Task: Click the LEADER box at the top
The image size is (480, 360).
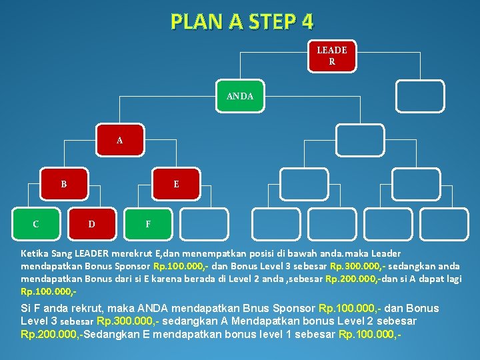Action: (x=331, y=56)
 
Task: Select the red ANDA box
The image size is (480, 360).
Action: (x=240, y=97)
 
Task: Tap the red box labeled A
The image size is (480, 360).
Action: (x=119, y=140)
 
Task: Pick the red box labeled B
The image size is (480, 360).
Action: (x=64, y=183)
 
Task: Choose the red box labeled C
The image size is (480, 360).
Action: (x=35, y=223)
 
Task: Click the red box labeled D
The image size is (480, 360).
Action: (x=91, y=223)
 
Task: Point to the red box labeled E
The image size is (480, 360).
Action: (x=176, y=183)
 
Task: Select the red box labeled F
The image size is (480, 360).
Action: (x=148, y=223)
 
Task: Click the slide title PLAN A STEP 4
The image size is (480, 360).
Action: (x=241, y=22)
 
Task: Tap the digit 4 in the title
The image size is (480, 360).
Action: (x=307, y=22)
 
